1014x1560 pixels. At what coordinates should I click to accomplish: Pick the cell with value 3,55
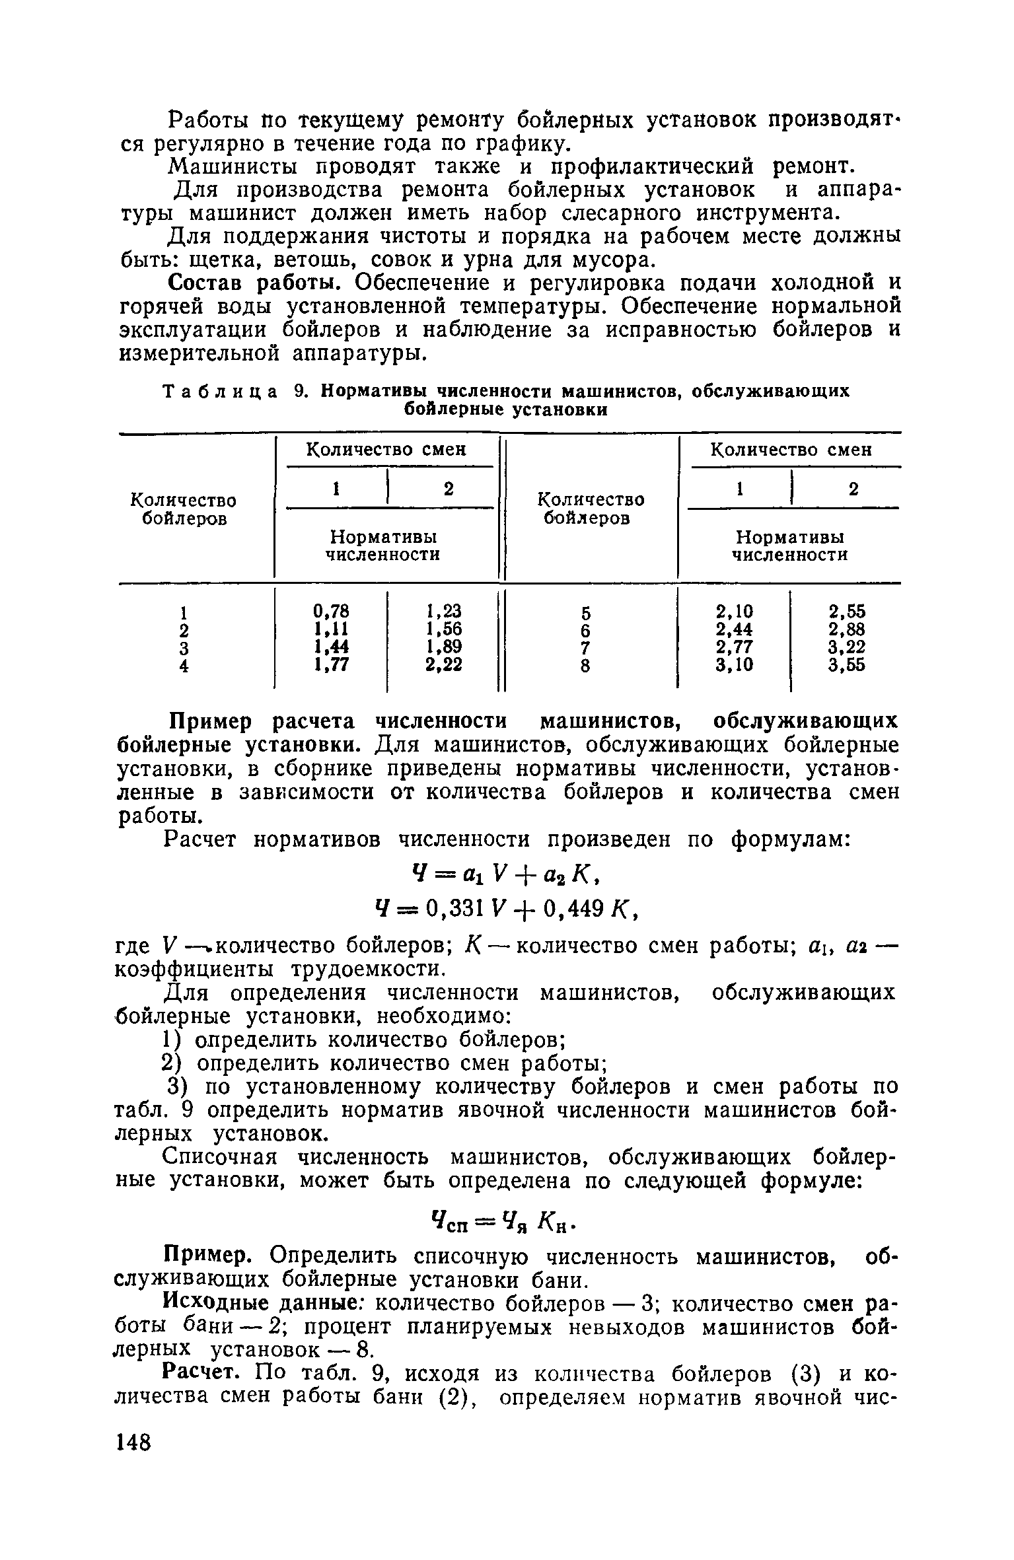click(847, 666)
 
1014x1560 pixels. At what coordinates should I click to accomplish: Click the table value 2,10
click(733, 610)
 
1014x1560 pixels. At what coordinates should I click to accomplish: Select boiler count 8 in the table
click(585, 667)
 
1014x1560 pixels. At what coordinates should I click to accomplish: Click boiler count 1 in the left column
click(185, 610)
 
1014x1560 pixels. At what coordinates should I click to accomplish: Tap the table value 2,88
click(847, 629)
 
